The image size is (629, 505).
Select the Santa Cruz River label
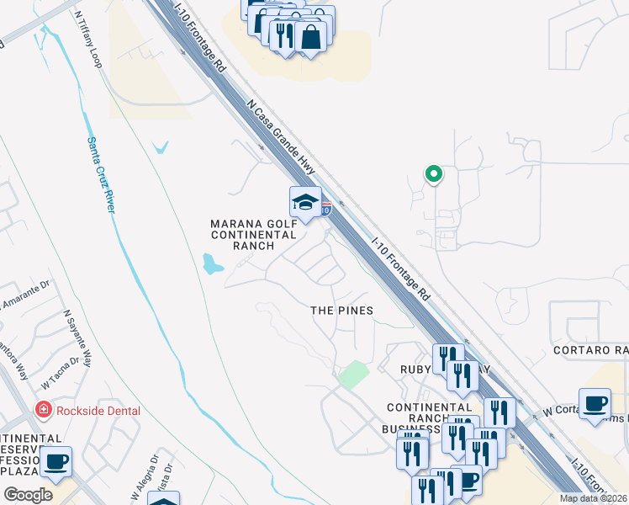click(100, 175)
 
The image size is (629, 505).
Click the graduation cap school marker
click(305, 202)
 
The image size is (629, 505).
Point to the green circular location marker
click(433, 174)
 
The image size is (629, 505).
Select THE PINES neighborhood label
click(341, 311)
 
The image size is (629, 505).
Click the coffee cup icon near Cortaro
click(595, 402)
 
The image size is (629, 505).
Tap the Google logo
click(28, 494)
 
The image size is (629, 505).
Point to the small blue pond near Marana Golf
click(212, 266)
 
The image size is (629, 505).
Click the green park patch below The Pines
click(353, 374)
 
